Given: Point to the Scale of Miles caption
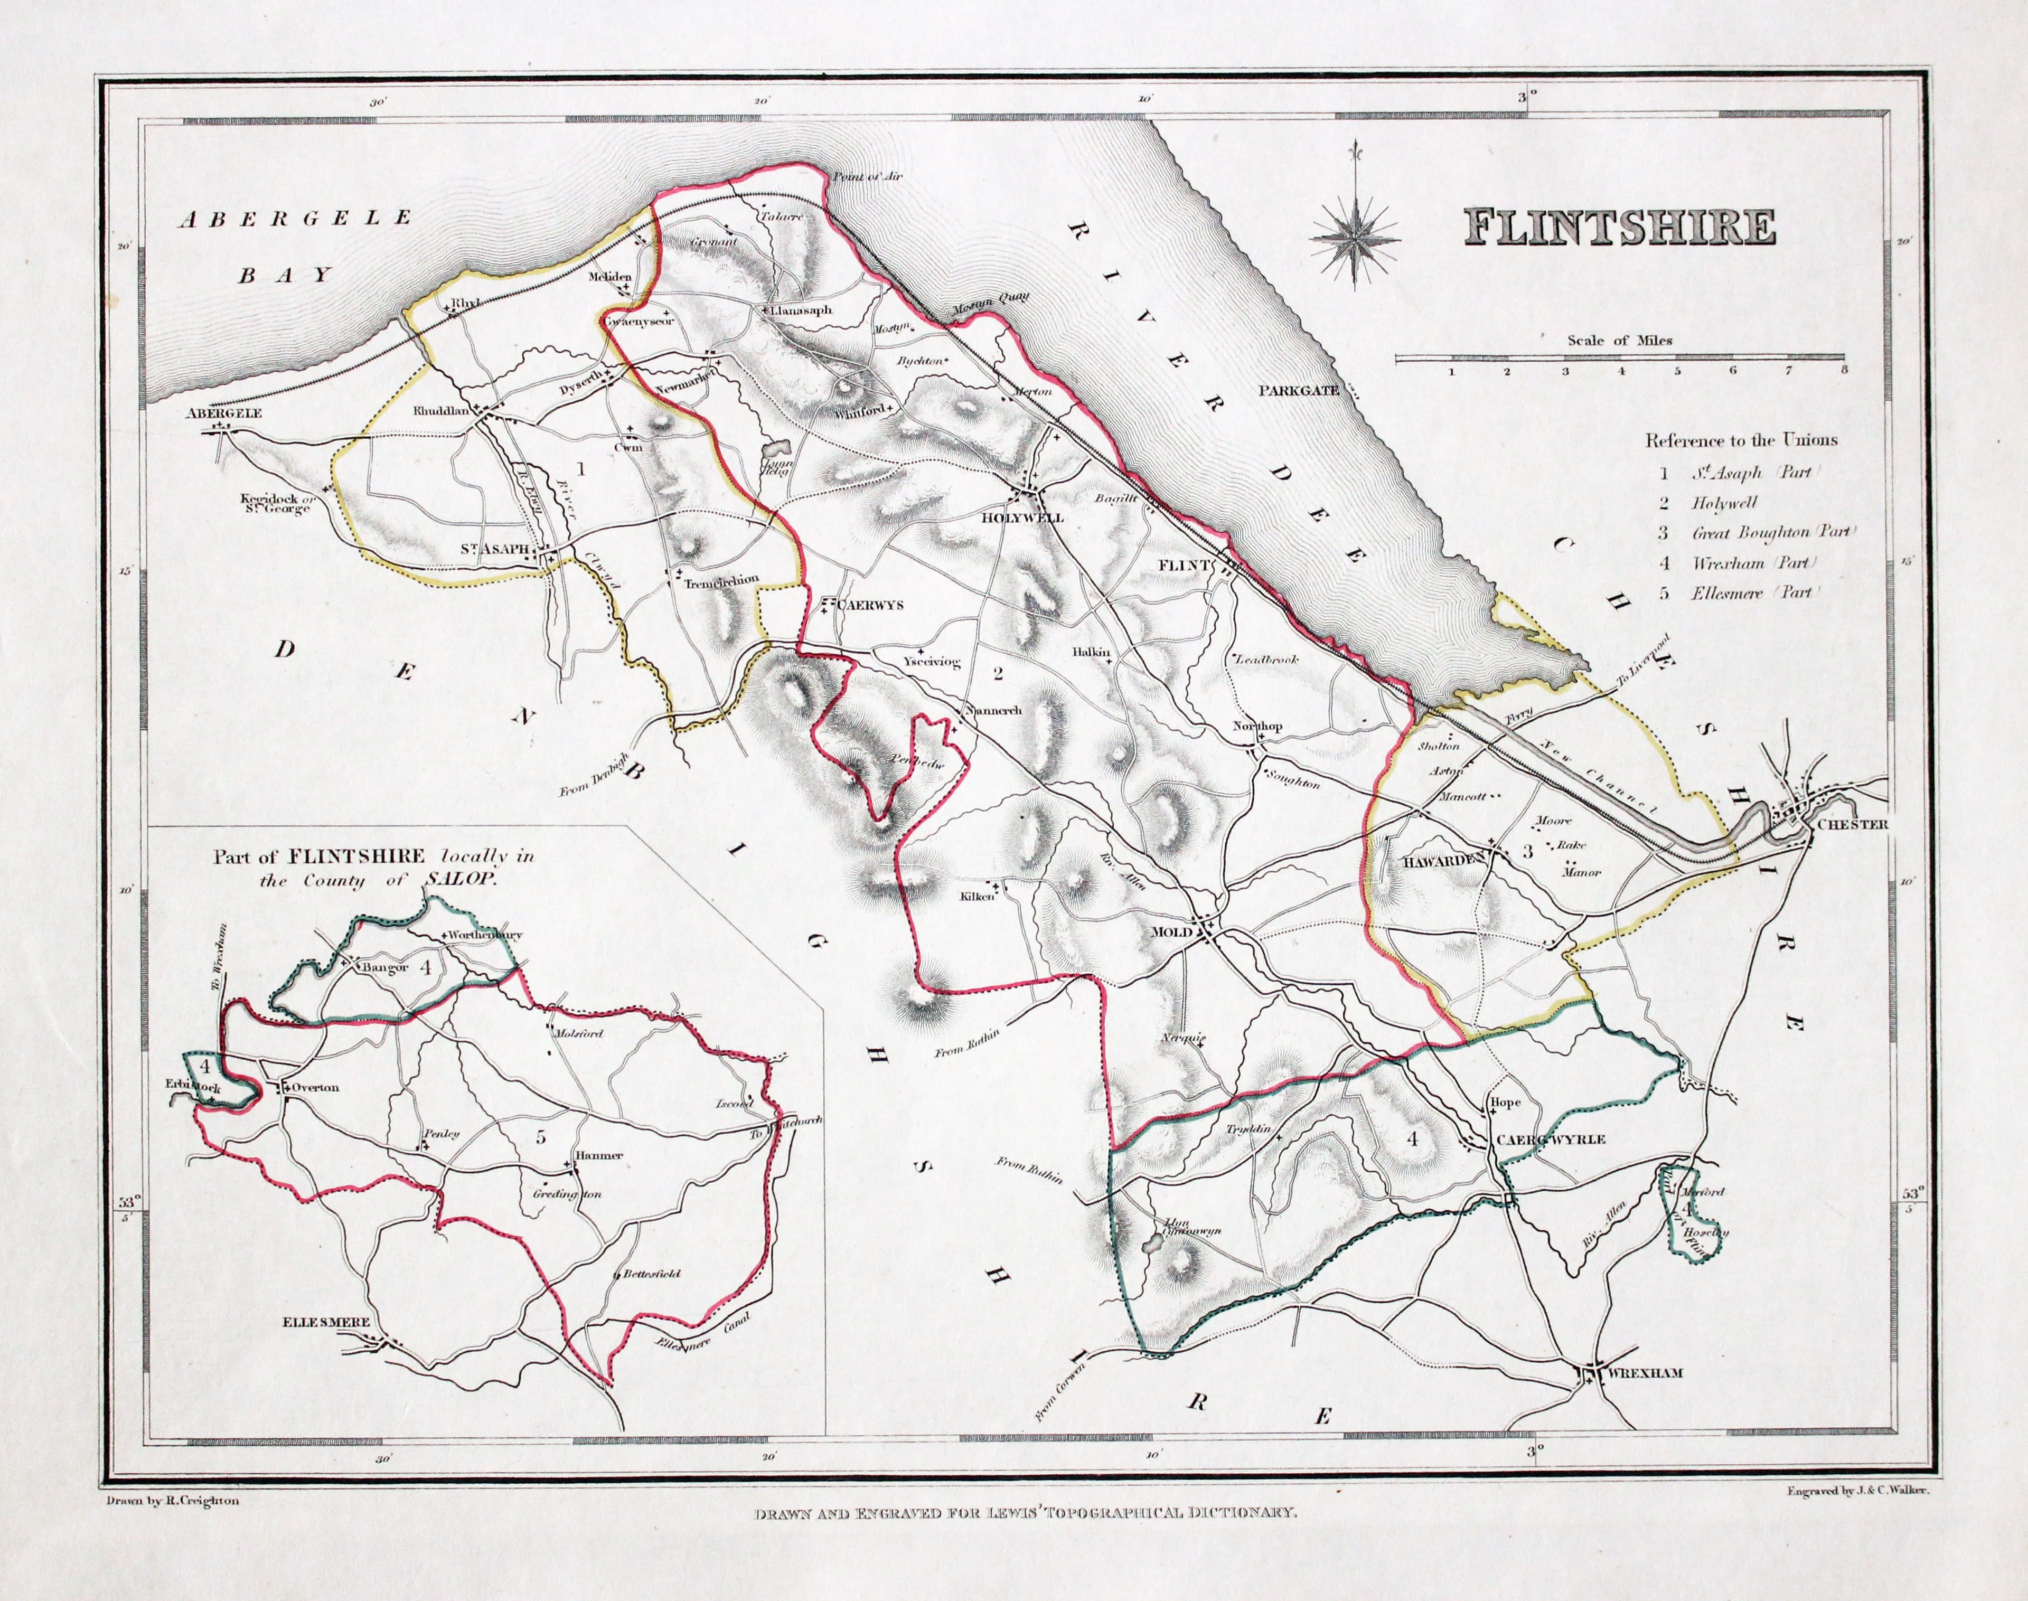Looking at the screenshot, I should pos(1619,340).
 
